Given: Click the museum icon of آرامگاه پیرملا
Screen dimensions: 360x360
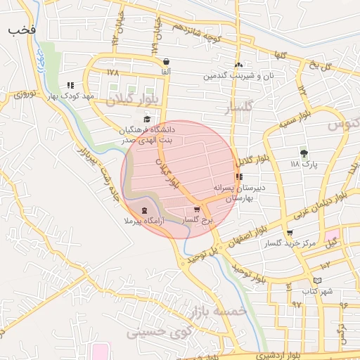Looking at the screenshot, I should pyautogui.click(x=145, y=211).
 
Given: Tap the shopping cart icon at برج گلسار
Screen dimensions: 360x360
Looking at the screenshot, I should pyautogui.click(x=196, y=210).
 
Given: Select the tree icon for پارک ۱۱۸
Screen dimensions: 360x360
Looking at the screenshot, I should pyautogui.click(x=304, y=153).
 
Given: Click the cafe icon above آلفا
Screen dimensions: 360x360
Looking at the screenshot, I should pyautogui.click(x=165, y=61).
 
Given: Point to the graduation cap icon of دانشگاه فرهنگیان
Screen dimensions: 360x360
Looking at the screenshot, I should pyautogui.click(x=147, y=119).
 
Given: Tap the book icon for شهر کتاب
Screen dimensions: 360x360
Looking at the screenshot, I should pyautogui.click(x=317, y=281).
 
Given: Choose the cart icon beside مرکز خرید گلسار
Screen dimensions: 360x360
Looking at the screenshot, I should pyautogui.click(x=289, y=233).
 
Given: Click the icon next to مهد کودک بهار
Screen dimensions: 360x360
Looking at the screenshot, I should pyautogui.click(x=70, y=84).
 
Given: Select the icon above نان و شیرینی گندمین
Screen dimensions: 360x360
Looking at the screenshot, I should pyautogui.click(x=238, y=64).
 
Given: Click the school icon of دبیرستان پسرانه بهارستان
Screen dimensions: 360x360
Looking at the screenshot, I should pyautogui.click(x=239, y=176).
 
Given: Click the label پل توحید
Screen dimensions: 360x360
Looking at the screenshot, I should pyautogui.click(x=203, y=252).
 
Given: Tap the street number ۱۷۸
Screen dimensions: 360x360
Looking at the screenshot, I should pyautogui.click(x=114, y=72).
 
